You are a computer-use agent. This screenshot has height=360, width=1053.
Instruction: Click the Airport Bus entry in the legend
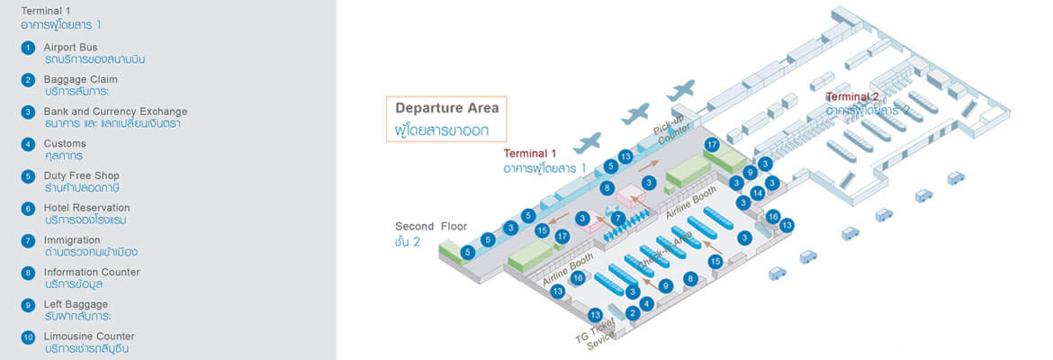tap(71, 48)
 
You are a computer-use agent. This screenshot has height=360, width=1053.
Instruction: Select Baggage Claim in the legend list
tap(80, 79)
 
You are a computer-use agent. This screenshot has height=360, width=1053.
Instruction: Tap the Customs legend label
tap(65, 143)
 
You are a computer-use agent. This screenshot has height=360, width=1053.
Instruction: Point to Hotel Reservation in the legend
tap(86, 208)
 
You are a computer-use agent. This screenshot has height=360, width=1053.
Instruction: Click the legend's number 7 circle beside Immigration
tap(29, 241)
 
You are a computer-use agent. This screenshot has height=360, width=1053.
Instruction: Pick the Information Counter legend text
tap(92, 272)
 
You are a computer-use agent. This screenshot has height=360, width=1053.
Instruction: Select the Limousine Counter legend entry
tap(89, 337)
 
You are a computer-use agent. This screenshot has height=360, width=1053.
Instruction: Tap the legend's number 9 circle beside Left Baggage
tap(29, 305)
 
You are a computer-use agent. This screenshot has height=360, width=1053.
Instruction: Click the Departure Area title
tap(446, 108)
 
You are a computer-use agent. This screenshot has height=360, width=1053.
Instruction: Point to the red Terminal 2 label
tap(852, 97)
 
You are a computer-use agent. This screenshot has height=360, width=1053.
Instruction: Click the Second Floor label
tap(431, 226)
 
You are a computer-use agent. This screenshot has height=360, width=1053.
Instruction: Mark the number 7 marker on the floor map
tap(617, 218)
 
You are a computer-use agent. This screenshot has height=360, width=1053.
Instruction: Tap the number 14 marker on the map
tap(758, 193)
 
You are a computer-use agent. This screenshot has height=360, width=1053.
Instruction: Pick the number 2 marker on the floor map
tap(633, 313)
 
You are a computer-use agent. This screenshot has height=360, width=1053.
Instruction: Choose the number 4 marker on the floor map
tap(646, 303)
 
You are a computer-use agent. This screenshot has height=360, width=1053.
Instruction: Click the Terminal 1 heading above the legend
tap(45, 11)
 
